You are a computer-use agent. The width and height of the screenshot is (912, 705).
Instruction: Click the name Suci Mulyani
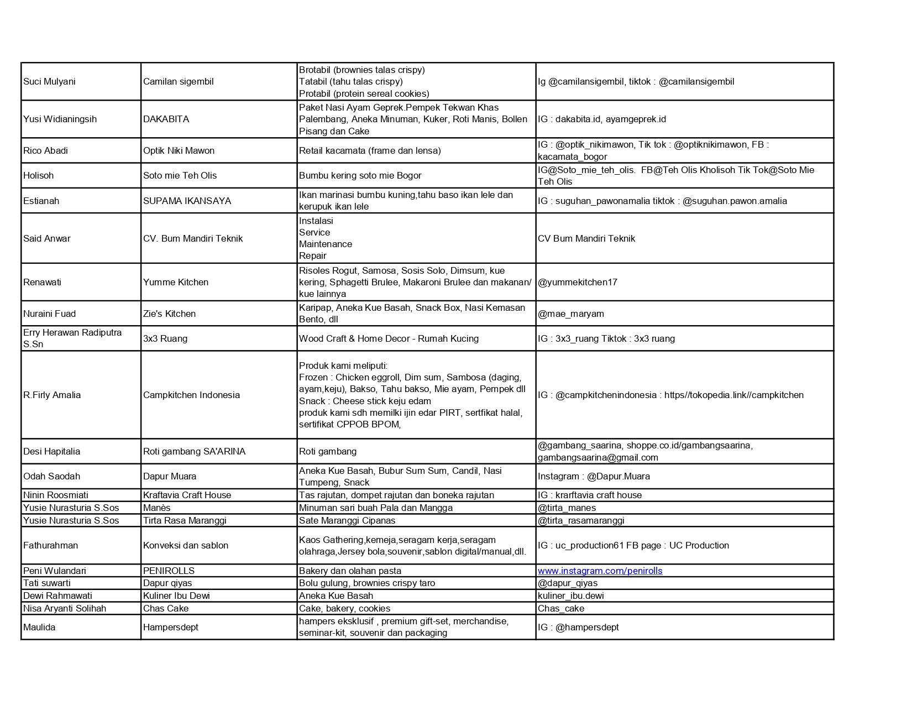tap(49, 82)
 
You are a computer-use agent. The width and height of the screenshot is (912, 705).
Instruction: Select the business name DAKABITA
tap(166, 119)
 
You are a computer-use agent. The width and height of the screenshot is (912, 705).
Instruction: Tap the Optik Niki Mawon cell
tap(179, 151)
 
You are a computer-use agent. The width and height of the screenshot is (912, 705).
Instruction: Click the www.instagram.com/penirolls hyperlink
tap(600, 571)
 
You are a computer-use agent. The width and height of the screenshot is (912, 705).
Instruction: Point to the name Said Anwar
tap(47, 239)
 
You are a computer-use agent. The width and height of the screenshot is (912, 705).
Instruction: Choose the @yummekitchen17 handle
tap(577, 283)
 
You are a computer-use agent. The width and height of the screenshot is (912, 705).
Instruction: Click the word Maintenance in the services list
tap(326, 244)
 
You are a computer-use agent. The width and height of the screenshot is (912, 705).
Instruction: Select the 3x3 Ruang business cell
tap(165, 339)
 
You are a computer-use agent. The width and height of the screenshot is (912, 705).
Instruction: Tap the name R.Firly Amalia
tap(52, 395)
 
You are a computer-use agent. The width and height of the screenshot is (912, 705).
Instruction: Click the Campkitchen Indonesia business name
tap(191, 395)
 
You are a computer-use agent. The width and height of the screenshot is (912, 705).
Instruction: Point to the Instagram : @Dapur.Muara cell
tap(594, 477)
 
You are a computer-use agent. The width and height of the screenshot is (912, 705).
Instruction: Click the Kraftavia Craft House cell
tap(187, 495)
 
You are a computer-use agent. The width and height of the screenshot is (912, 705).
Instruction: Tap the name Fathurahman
tap(50, 546)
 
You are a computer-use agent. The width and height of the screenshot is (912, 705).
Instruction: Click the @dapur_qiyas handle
tap(567, 583)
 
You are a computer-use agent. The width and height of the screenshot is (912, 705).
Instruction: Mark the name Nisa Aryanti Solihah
tap(65, 609)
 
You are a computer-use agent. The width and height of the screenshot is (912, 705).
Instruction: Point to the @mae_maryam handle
tap(570, 314)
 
